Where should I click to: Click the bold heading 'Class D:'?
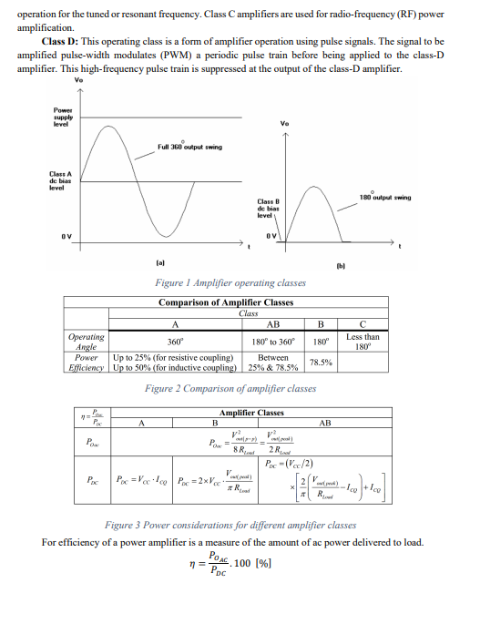(59, 42)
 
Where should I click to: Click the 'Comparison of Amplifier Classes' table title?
(226, 302)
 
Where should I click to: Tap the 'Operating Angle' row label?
(86, 341)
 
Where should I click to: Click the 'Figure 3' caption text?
(230, 526)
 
